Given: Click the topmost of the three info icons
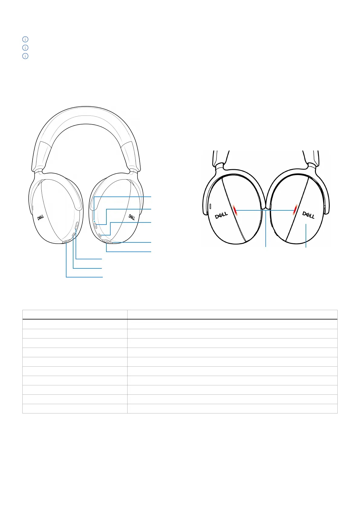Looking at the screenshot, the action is (25, 39).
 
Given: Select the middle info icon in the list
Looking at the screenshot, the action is (25, 48).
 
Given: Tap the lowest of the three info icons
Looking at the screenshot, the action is (25, 56).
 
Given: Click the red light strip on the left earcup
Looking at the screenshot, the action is (236, 209).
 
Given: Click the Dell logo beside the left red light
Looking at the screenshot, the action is (221, 216).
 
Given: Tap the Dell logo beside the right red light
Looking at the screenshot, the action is (309, 215).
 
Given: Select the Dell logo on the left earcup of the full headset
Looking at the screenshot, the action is (41, 218).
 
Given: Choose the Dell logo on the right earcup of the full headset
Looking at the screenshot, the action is (132, 217).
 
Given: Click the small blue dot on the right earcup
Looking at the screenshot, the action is (94, 221).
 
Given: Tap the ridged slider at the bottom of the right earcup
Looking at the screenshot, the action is (107, 242).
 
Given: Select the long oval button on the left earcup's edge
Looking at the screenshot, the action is (77, 225).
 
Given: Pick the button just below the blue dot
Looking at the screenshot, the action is (95, 225).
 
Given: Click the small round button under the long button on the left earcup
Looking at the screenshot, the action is (73, 235).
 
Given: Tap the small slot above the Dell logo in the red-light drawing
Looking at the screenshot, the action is (210, 206).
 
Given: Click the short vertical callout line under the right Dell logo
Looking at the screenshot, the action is (306, 236).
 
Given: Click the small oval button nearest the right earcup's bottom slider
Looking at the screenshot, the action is (100, 235).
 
